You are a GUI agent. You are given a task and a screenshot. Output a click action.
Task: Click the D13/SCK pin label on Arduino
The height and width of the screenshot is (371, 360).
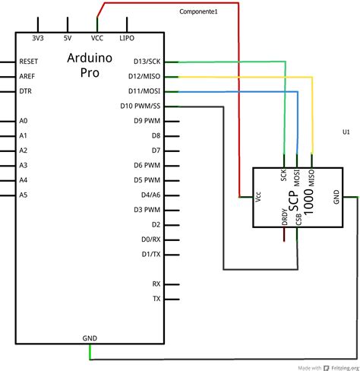[145, 62]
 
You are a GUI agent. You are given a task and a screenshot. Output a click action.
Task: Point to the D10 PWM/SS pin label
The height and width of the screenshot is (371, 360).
[141, 106]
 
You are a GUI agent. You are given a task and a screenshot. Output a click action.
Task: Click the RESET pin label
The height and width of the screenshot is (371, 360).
[30, 62]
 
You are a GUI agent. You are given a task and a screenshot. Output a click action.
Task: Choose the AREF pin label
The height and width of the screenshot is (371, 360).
[28, 77]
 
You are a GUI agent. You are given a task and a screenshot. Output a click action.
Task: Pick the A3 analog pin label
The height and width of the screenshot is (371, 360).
[24, 165]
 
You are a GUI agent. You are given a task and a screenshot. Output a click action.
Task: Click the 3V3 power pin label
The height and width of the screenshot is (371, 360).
[39, 37]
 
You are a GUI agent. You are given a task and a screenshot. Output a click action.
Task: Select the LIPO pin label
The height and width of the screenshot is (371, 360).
[128, 37]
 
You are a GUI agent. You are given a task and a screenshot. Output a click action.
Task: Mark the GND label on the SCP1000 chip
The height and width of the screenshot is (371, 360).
[336, 197]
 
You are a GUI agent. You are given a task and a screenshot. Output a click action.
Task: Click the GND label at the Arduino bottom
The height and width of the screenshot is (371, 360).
[90, 337]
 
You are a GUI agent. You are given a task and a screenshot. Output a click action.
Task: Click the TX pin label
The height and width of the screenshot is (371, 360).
[156, 299]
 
